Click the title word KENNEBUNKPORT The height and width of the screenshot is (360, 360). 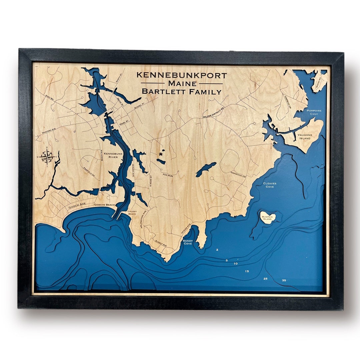pyautogui.click(x=182, y=75)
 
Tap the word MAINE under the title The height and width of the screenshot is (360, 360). pyautogui.click(x=182, y=83)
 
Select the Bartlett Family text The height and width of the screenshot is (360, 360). pyautogui.click(x=182, y=91)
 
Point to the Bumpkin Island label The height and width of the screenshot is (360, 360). pyautogui.click(x=267, y=218)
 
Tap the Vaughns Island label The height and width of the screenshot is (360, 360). pyautogui.click(x=305, y=137)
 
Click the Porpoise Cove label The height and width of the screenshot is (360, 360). pyautogui.click(x=314, y=112)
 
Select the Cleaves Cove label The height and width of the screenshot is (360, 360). pyautogui.click(x=270, y=185)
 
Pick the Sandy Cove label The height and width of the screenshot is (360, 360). pyautogui.click(x=188, y=242)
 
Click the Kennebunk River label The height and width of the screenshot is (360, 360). pyautogui.click(x=111, y=155)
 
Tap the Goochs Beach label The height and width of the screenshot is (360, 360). pyautogui.click(x=104, y=205)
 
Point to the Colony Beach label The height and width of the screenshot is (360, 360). pyautogui.click(x=132, y=213)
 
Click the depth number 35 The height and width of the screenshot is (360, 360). pyautogui.click(x=284, y=280)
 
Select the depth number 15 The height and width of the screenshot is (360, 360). pyautogui.click(x=247, y=271)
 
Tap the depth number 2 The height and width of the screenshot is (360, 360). pyautogui.click(x=217, y=250)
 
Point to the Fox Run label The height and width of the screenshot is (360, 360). pyautogui.click(x=168, y=175)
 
